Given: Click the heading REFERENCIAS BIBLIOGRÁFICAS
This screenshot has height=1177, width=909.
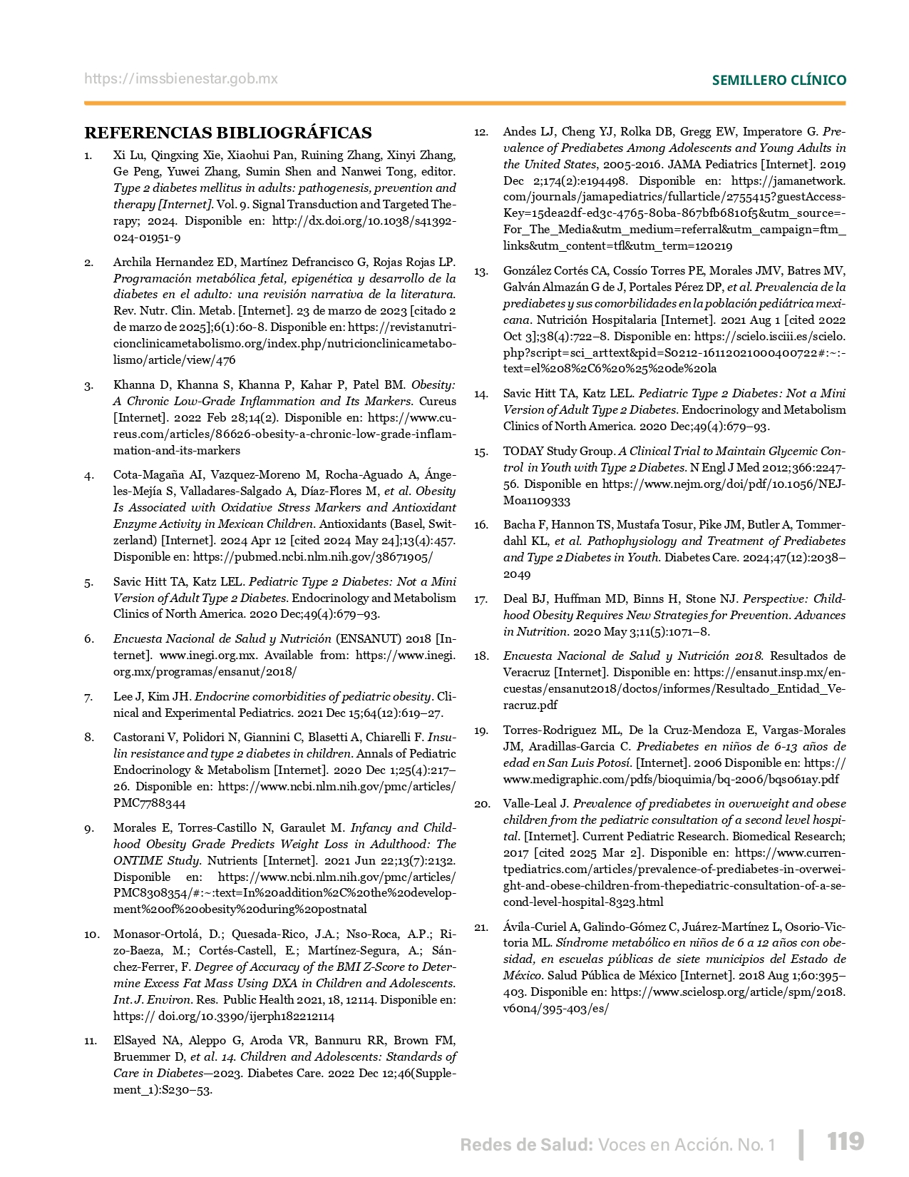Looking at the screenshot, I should (x=227, y=133).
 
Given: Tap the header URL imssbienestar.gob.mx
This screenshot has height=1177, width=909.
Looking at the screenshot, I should (x=181, y=78).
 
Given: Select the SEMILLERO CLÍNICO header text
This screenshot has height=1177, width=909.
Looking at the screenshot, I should (x=779, y=81).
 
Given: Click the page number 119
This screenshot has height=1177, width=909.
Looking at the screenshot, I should (x=845, y=1141).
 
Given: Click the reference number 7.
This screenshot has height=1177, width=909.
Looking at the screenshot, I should (x=89, y=697).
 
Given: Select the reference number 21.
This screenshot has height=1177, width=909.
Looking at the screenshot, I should (x=481, y=927).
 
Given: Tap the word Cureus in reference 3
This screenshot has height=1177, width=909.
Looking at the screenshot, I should (x=437, y=401).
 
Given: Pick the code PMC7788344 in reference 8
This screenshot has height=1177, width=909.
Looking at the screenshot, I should (x=149, y=802).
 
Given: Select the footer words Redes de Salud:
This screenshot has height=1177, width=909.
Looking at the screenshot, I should (x=526, y=1145).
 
